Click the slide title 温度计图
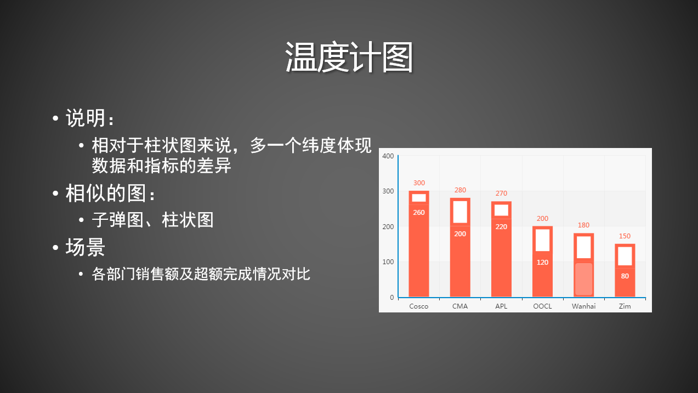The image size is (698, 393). click(x=349, y=58)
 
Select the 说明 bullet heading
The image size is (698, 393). click(x=90, y=118)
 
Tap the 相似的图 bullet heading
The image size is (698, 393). click(x=110, y=193)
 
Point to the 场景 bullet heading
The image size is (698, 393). click(x=85, y=247)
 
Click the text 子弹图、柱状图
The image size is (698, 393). click(x=152, y=220)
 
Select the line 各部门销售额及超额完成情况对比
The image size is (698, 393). click(x=201, y=274)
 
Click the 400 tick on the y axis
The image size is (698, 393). click(x=388, y=156)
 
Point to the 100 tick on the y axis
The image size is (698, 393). click(x=388, y=262)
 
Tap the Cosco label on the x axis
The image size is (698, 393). click(x=419, y=306)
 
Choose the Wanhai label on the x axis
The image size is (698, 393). click(x=583, y=306)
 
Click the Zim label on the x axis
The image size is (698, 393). click(x=625, y=306)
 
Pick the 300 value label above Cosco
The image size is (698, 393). click(x=419, y=183)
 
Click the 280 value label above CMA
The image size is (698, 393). click(x=460, y=190)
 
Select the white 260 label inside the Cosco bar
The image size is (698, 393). click(x=419, y=212)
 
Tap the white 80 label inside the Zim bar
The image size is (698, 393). click(x=625, y=276)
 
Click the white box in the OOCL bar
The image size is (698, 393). click(x=542, y=240)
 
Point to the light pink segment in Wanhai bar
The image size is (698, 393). click(x=583, y=279)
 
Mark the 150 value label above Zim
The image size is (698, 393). click(x=625, y=236)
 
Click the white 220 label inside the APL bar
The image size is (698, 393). click(x=501, y=227)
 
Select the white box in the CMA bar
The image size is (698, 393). click(x=460, y=212)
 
